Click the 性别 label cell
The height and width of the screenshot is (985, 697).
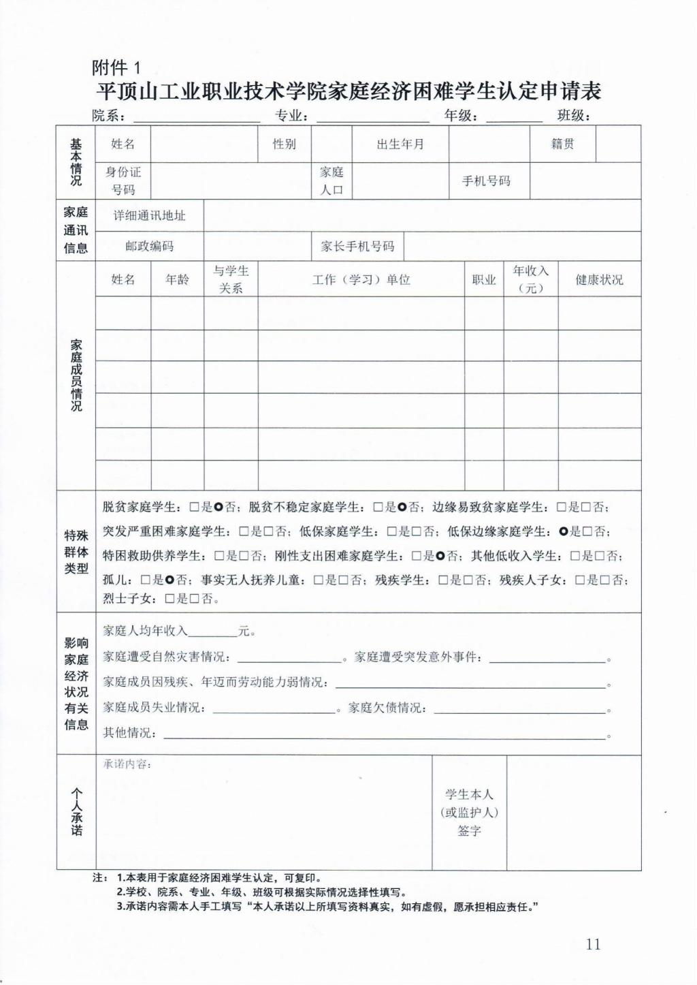pos(285,144)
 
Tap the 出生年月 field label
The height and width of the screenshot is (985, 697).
pos(400,144)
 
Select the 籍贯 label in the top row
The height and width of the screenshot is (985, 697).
pos(562,144)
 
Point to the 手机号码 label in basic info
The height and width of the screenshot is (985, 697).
pos(486,181)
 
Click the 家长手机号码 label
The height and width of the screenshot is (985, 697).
pos(357,247)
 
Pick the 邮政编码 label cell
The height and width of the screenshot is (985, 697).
pos(149,247)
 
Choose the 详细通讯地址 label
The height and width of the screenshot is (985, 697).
pos(149,216)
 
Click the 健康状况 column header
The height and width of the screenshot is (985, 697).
pos(599,280)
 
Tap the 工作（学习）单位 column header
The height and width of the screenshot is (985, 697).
pos(361,280)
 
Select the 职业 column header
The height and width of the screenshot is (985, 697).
pos(484,280)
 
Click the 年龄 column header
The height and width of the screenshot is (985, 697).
pos(177,280)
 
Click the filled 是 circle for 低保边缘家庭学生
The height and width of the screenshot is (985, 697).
pos(564,531)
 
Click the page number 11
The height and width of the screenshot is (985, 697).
pos(593,944)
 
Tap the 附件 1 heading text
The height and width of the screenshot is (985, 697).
pos(116,67)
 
